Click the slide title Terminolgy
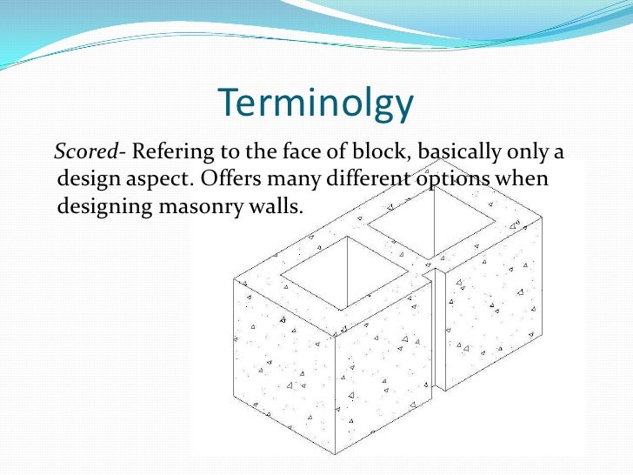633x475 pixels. point(316,104)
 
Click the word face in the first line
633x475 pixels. point(310,153)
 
